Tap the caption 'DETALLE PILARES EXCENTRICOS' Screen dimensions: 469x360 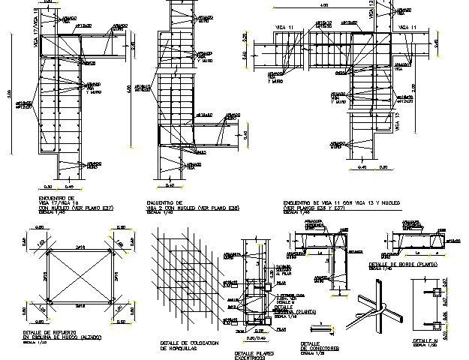(254, 354)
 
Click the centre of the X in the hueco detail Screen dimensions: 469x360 (79, 277)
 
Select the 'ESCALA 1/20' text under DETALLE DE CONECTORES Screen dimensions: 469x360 (311, 352)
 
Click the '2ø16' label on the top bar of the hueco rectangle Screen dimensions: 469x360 (79, 246)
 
